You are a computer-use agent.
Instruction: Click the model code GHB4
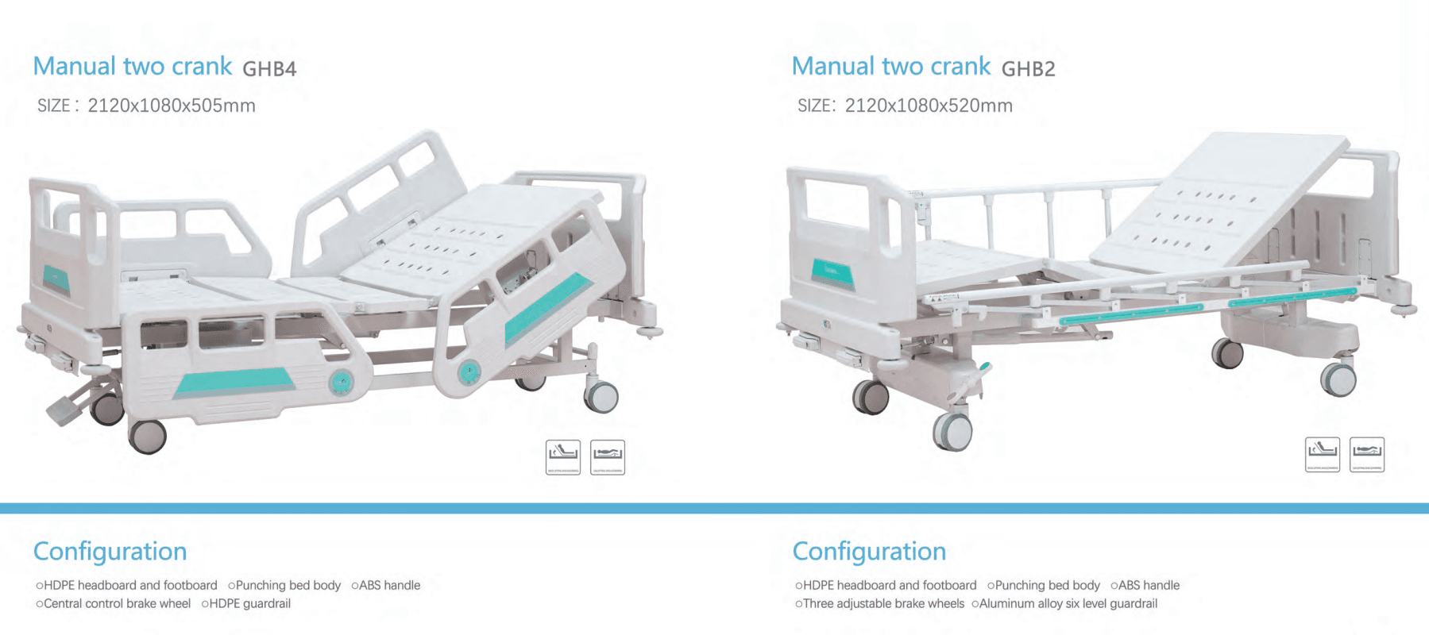click(269, 69)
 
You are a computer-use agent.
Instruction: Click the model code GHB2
click(1028, 69)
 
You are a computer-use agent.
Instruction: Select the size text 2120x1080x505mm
click(171, 106)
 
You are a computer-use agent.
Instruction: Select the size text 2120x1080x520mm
click(929, 106)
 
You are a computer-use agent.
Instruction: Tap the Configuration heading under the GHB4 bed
click(110, 551)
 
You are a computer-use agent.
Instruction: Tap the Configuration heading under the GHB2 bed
click(869, 551)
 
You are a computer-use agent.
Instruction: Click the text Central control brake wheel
click(117, 603)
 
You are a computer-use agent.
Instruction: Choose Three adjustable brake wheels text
click(883, 603)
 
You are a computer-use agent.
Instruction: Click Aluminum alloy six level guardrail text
click(1068, 603)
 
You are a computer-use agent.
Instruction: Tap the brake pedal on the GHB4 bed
click(64, 410)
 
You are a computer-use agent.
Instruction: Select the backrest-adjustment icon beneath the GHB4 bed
click(563, 456)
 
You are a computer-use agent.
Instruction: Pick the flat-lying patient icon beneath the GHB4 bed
click(608, 456)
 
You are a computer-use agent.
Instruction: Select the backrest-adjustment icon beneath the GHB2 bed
click(1323, 454)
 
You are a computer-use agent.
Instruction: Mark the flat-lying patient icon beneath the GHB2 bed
click(1367, 454)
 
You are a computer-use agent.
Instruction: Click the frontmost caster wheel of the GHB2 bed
click(952, 432)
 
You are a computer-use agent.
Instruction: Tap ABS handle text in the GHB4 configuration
click(389, 585)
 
